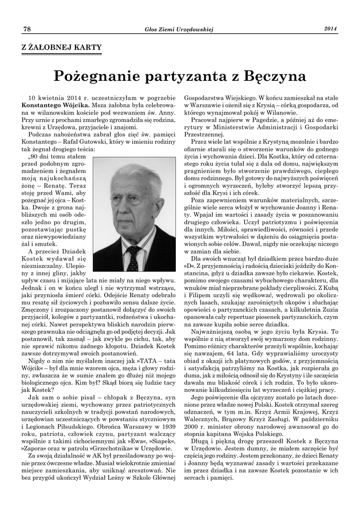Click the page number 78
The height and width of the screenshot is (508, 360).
[x=27, y=29]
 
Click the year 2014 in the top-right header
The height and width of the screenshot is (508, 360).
[x=331, y=29]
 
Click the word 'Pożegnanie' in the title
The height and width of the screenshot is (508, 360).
[x=96, y=77]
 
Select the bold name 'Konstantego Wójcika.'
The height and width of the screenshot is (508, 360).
[x=56, y=105]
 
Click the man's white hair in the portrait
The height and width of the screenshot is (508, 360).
[x=134, y=176]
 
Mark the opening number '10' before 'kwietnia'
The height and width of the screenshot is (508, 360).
[x=33, y=98]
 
